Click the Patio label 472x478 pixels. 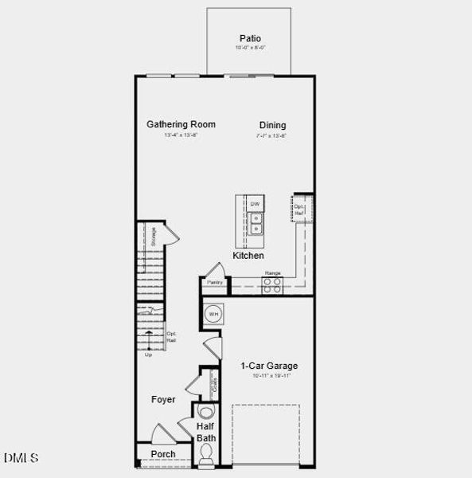pos(250,38)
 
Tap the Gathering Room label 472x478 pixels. pos(181,124)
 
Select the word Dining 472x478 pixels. pos(272,125)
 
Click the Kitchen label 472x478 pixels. pos(248,256)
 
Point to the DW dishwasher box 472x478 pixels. pos(256,205)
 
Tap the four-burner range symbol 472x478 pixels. pos(272,284)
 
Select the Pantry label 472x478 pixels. pos(214,283)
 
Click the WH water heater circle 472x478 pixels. pos(213,315)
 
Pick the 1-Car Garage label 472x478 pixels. pos(269,366)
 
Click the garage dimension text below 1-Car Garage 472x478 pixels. pos(269,376)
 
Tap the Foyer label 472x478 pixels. pos(163,399)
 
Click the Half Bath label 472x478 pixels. pos(206,433)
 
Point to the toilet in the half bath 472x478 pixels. pos(206,454)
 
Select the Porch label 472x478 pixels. pos(163,455)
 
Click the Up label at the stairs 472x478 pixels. pos(147,355)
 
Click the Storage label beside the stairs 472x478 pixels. pos(154,235)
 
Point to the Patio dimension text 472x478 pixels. pos(250,49)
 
